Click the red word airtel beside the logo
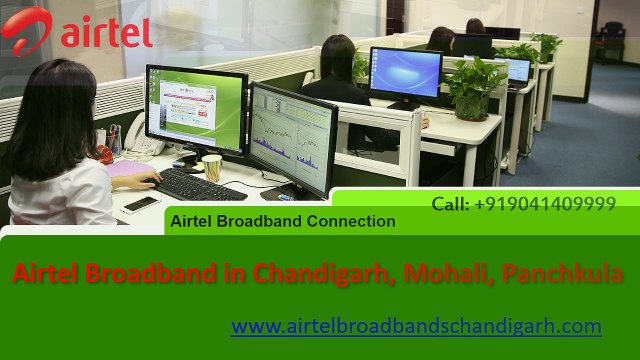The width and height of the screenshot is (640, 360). (x=106, y=32)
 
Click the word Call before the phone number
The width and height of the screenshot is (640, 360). (x=450, y=204)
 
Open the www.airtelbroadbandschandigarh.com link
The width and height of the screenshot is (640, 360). (x=416, y=326)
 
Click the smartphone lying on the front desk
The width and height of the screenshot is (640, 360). (x=141, y=204)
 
